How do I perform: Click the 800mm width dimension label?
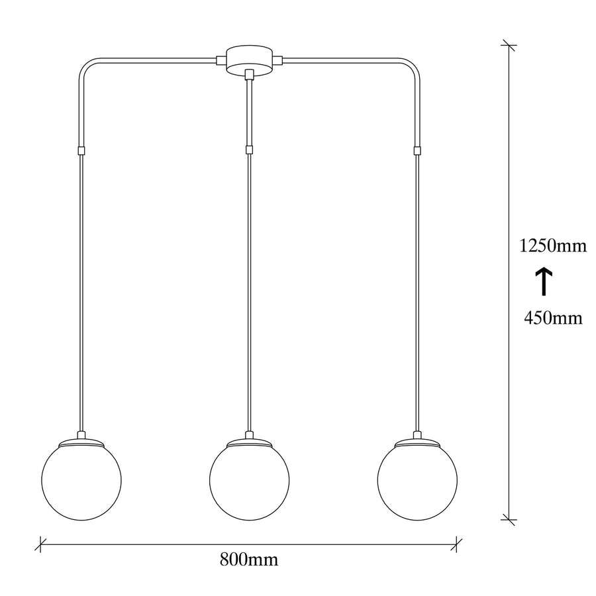249,560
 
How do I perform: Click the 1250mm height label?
553,246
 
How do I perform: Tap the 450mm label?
553,318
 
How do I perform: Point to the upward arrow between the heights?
544,281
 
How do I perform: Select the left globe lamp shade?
81,480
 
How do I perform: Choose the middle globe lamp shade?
250,480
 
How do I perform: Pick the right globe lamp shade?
417,480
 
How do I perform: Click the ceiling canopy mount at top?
250,60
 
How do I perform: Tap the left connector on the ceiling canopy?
221,60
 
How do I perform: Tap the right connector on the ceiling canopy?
278,60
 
